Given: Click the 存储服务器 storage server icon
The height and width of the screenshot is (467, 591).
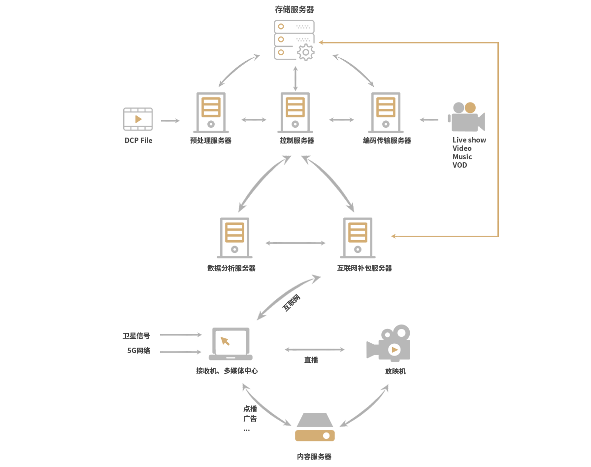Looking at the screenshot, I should point(294,39).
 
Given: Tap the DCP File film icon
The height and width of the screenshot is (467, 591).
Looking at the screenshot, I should point(138,119).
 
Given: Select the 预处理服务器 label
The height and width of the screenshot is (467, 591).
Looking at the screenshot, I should point(211,141).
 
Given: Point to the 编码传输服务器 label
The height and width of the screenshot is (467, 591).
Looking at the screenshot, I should point(387,141).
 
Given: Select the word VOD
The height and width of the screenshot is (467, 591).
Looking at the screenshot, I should point(460,165).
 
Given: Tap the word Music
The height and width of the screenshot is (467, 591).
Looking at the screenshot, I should point(462,157).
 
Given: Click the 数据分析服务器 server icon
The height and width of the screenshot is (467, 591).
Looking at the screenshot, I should point(234,238).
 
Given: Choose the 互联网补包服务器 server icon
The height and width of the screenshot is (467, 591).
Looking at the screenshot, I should point(358,238).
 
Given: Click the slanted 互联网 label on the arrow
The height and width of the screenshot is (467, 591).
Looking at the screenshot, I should point(291,303).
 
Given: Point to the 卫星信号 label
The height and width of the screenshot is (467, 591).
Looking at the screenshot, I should point(136,336).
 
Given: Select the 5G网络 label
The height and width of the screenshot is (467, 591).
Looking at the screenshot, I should point(139,351).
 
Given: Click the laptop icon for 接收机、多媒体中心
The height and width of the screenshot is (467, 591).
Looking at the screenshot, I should point(230,344).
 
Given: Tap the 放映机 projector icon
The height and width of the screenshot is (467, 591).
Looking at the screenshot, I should point(389,343).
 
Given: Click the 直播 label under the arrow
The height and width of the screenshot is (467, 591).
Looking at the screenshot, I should point(311,360).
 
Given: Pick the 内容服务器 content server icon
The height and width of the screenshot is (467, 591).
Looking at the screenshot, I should point(315,427).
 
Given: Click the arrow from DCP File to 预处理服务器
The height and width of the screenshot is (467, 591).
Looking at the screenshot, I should point(170,120).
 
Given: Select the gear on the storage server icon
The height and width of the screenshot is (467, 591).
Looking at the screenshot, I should point(306,52).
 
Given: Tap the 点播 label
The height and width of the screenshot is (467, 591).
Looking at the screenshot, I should point(250,409).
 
